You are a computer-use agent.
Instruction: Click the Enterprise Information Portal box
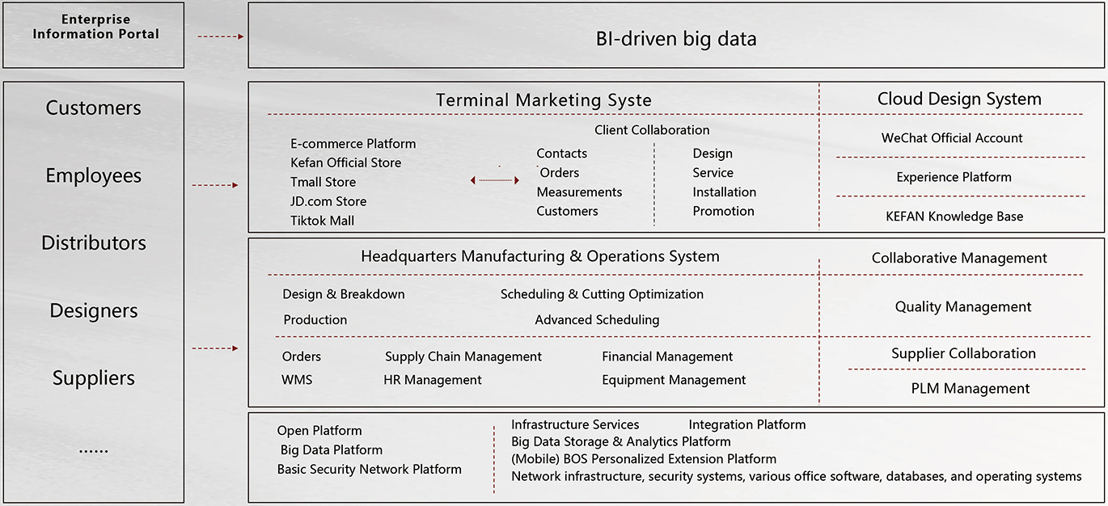pyautogui.click(x=94, y=35)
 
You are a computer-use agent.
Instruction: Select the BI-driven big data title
pyautogui.click(x=676, y=39)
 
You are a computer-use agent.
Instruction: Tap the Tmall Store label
pyautogui.click(x=323, y=182)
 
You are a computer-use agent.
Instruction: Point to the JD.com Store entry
pyautogui.click(x=328, y=201)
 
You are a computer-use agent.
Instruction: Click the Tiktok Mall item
pyautogui.click(x=322, y=220)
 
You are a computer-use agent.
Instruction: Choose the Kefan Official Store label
pyautogui.click(x=345, y=162)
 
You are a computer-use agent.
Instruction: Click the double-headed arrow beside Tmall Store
pyautogui.click(x=495, y=180)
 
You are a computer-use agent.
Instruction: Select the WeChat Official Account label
pyautogui.click(x=952, y=138)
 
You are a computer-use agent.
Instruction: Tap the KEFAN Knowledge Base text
pyautogui.click(x=954, y=217)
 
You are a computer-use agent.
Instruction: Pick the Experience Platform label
pyautogui.click(x=954, y=177)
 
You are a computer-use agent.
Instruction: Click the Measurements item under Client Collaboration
pyautogui.click(x=579, y=192)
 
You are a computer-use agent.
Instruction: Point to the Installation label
pyautogui.click(x=724, y=192)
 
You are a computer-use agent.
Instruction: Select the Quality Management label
pyautogui.click(x=962, y=306)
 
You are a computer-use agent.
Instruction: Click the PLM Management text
pyautogui.click(x=970, y=388)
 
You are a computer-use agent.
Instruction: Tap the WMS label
pyautogui.click(x=297, y=380)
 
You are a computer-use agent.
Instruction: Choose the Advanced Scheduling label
pyautogui.click(x=597, y=320)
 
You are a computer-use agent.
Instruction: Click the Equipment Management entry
pyautogui.click(x=674, y=380)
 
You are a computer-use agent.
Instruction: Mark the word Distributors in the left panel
pyautogui.click(x=94, y=242)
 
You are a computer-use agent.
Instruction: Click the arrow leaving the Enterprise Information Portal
pyautogui.click(x=220, y=36)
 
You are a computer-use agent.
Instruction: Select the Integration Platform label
pyautogui.click(x=746, y=424)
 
